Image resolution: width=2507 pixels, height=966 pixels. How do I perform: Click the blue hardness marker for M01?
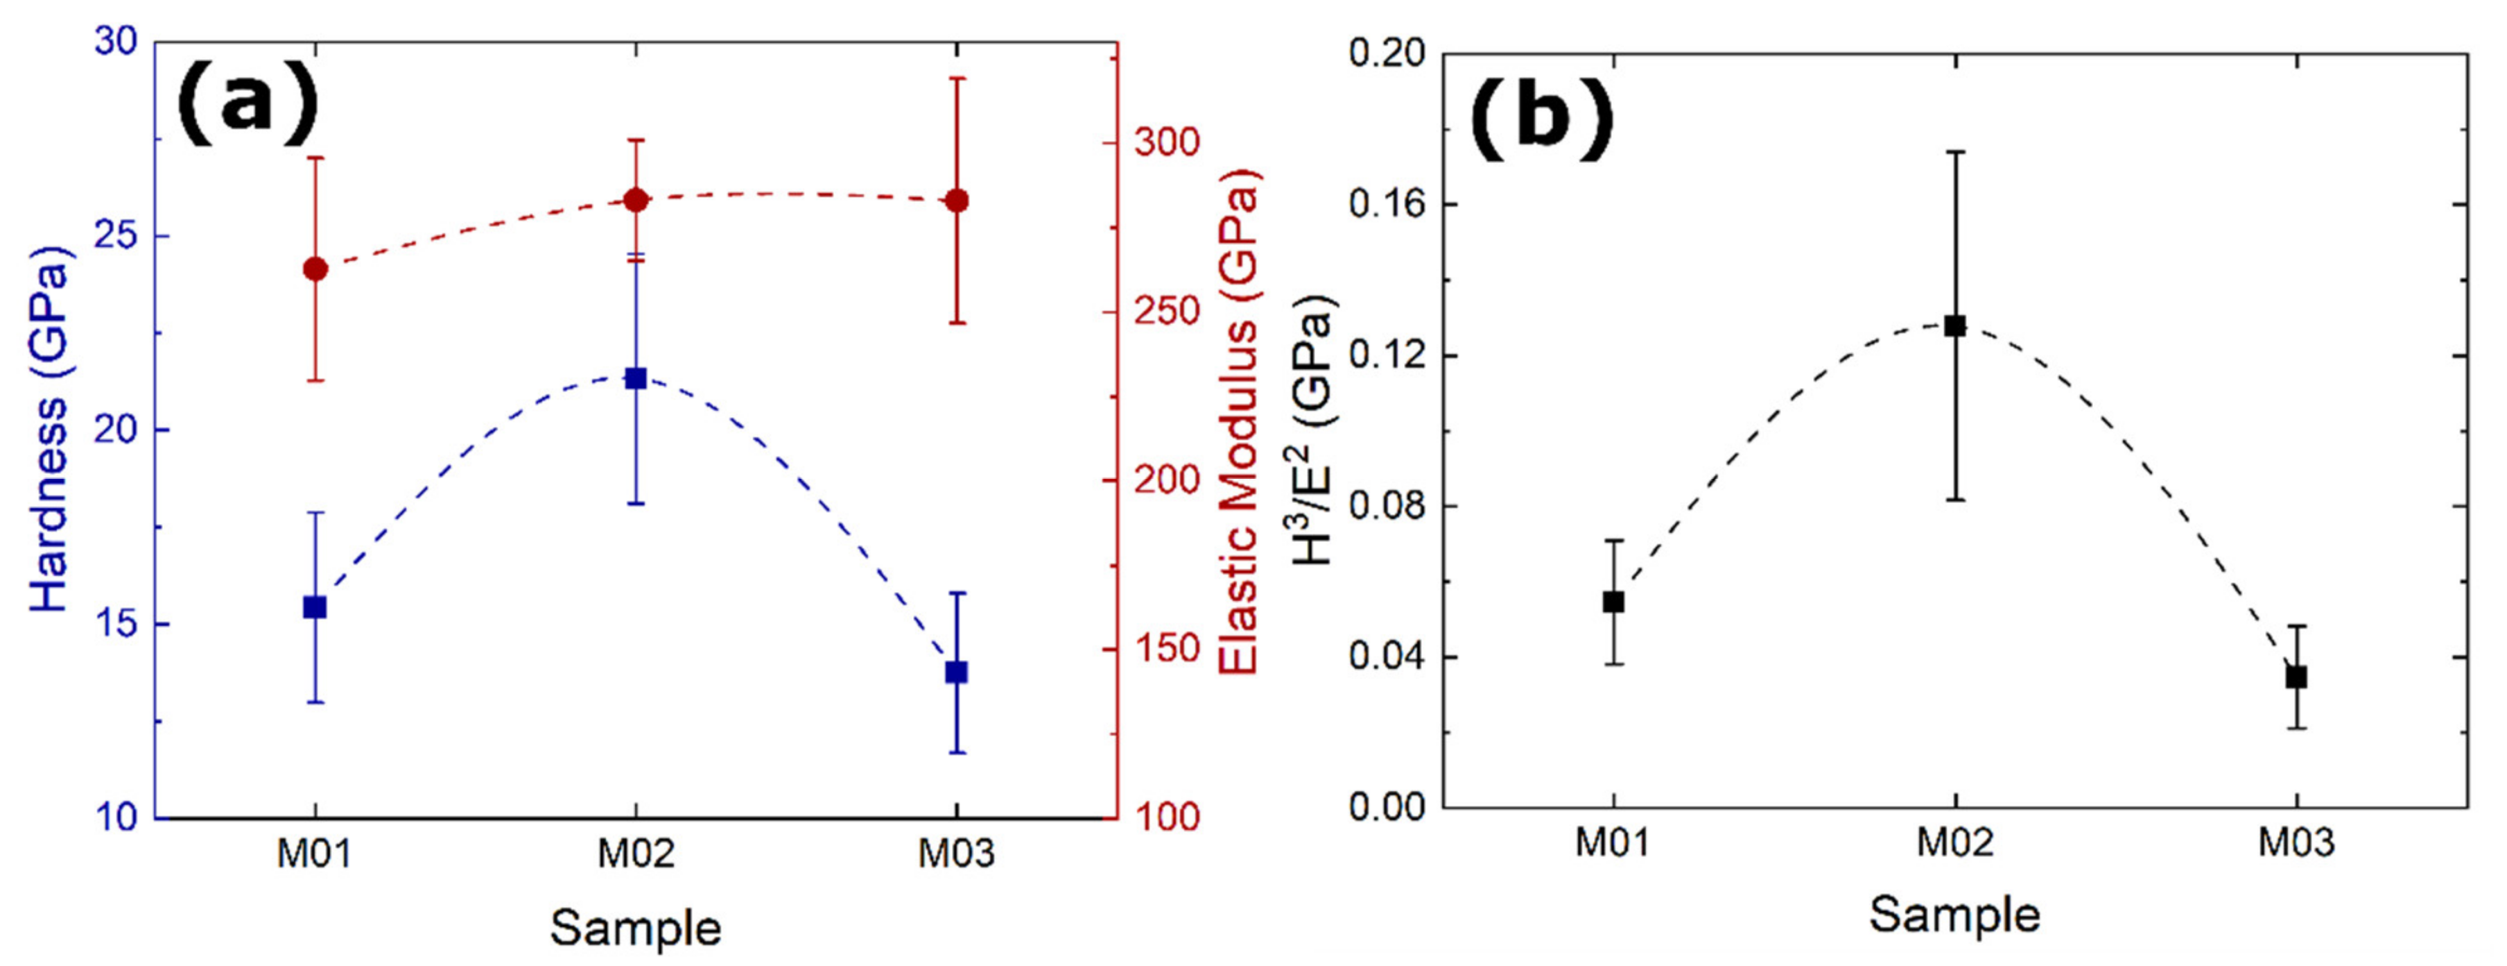tap(314, 607)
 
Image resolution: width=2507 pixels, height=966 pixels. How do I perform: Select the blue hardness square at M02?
tap(636, 378)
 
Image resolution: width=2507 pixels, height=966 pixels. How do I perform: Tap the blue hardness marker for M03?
tap(957, 672)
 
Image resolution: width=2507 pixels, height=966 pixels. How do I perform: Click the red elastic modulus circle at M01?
tap(314, 269)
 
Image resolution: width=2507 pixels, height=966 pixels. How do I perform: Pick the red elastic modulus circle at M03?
tap(957, 201)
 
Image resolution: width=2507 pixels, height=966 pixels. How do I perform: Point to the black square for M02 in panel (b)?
tap(1955, 325)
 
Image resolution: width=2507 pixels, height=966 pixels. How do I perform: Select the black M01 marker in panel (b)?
tap(1613, 602)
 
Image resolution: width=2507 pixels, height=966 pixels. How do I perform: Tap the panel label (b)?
tap(1541, 121)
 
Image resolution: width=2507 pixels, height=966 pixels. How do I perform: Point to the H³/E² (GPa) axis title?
tap(1315, 428)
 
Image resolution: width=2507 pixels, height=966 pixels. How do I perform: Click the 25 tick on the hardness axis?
tap(116, 236)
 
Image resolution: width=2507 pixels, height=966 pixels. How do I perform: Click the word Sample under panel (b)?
tap(1954, 915)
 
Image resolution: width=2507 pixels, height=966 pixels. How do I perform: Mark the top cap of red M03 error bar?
tap(957, 78)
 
